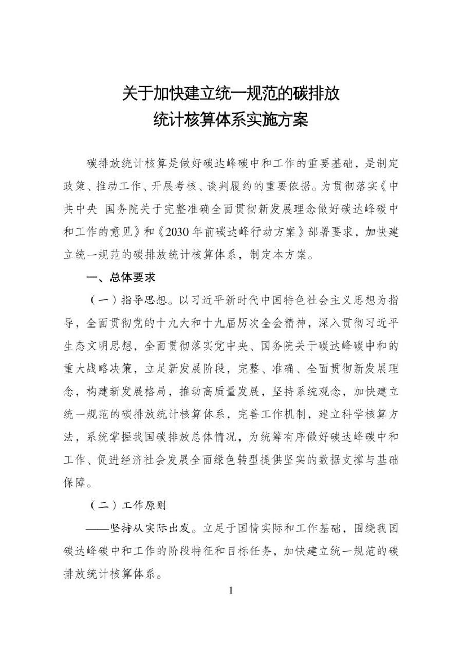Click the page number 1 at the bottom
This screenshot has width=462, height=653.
[x=231, y=590]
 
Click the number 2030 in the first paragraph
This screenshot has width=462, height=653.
[x=175, y=232]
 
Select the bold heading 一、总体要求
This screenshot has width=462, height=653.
[x=121, y=277]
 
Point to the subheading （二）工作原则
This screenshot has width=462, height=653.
[x=128, y=505]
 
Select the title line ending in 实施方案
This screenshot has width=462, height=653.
[x=231, y=121]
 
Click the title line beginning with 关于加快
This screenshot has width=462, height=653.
[x=231, y=94]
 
